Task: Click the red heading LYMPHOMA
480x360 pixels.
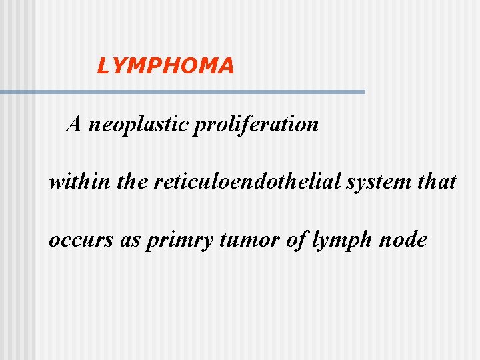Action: [x=165, y=65]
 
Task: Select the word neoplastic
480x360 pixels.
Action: [x=138, y=124]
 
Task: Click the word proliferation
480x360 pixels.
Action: [x=256, y=124]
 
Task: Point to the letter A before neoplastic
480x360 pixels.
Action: [x=74, y=123]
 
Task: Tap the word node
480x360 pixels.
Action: [x=403, y=239]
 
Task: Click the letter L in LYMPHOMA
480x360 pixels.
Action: [x=103, y=65]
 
